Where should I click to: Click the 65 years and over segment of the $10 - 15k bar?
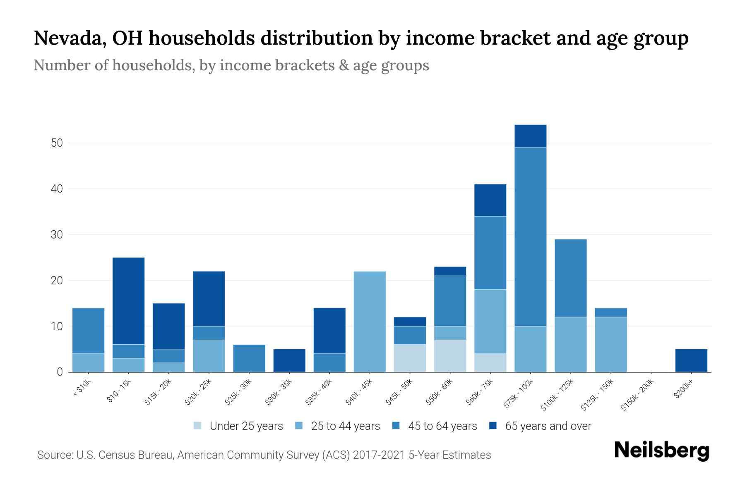point(128,301)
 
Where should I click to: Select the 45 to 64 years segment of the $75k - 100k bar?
point(530,237)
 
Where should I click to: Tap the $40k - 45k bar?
point(370,322)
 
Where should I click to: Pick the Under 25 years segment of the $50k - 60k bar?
point(450,356)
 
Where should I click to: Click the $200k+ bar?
point(691,360)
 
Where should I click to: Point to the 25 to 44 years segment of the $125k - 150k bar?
point(611,344)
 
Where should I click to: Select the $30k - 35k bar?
point(289,360)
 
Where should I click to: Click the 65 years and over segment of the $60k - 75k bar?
point(490,200)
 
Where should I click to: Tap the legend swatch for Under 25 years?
point(198,426)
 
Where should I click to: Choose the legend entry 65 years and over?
point(548,426)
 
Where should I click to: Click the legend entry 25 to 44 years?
point(345,426)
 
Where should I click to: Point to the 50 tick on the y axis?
point(57,143)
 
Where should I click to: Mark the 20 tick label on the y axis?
point(57,281)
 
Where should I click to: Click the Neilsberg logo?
point(661,451)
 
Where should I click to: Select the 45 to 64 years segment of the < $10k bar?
point(88,331)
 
